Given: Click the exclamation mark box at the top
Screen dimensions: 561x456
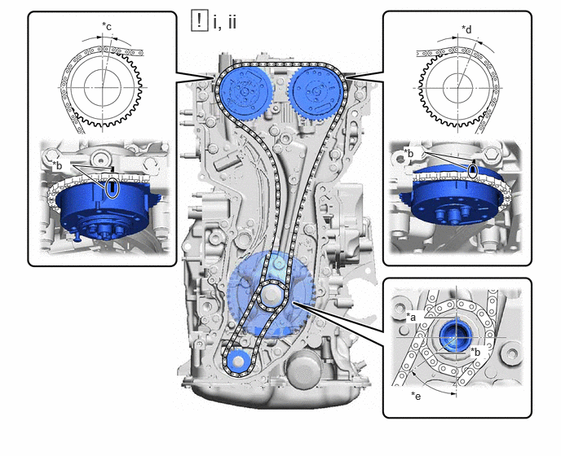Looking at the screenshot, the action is pos(199,21).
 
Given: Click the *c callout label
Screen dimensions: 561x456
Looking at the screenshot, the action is pos(107,26).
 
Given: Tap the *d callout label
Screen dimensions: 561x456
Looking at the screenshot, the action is pos(466,29).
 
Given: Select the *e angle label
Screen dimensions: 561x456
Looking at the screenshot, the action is pos(416,396).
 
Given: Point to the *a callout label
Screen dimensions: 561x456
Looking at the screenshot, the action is pos(411,316).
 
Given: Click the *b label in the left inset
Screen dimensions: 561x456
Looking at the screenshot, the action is pos(57,165).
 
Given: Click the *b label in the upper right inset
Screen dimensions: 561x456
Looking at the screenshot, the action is pos(409,152).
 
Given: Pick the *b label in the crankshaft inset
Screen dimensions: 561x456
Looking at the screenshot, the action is pos(476,352).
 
